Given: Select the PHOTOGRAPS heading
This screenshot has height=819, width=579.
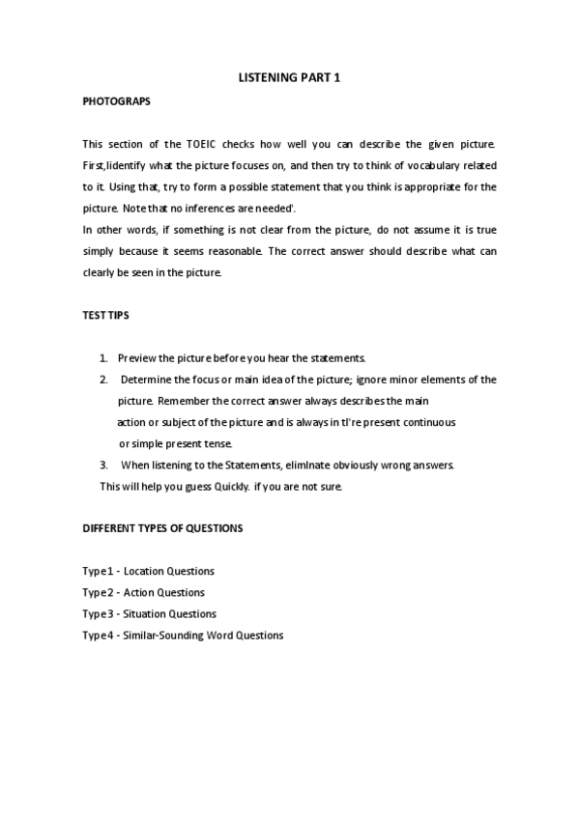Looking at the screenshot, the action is [x=116, y=100].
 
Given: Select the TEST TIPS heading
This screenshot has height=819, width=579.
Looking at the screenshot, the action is [x=107, y=316].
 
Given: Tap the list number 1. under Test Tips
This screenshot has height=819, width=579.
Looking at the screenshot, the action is [x=104, y=358].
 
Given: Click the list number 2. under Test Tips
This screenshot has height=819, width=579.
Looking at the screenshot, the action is [x=104, y=380].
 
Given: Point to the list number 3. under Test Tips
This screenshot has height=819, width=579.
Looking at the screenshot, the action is [x=104, y=465].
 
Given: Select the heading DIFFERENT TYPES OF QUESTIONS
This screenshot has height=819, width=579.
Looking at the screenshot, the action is [x=162, y=528].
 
